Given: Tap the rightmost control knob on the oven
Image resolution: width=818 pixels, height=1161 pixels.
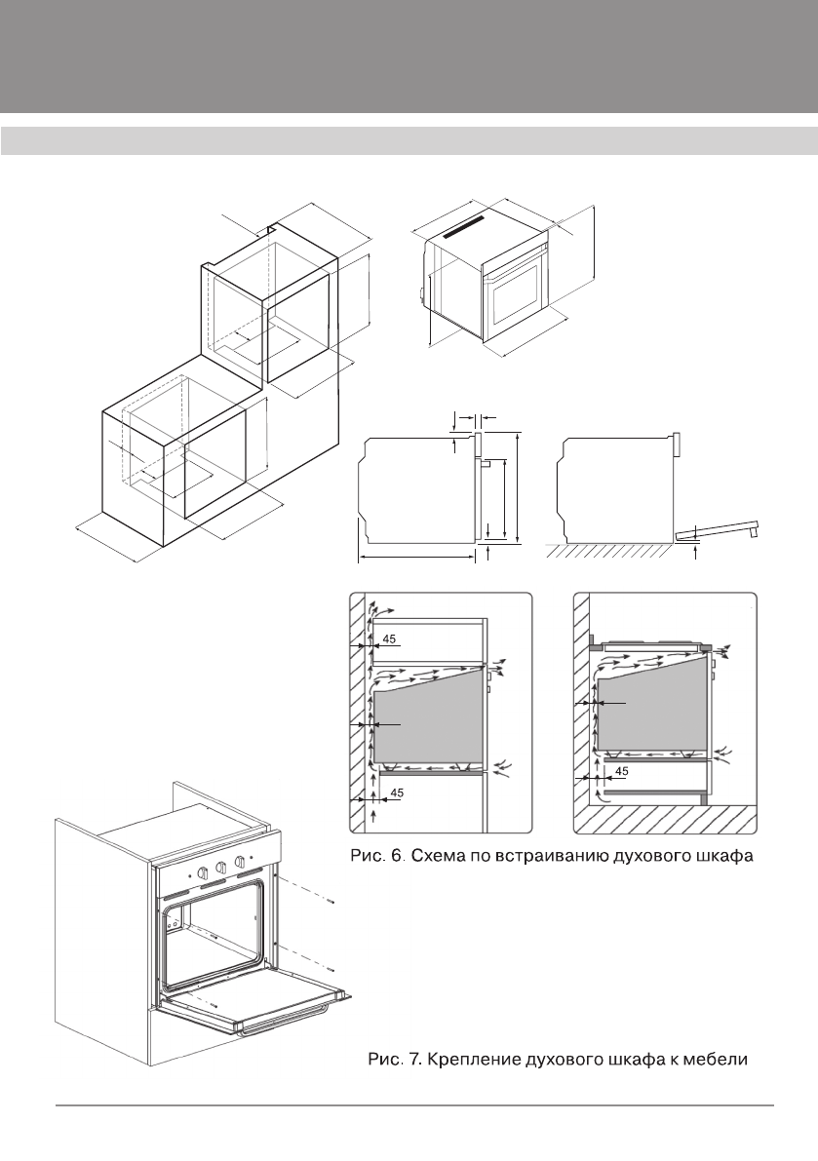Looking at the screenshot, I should click(x=239, y=863).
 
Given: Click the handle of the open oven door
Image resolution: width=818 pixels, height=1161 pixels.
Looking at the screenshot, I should click(x=292, y=1023).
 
